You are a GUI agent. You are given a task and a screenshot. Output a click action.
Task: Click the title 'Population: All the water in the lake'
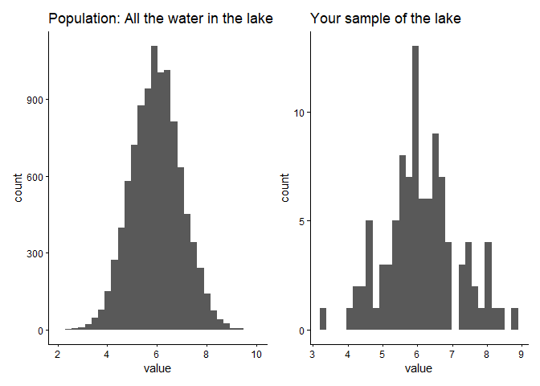tap(161, 18)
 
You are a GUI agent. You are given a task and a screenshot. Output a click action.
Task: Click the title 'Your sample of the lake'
tap(386, 18)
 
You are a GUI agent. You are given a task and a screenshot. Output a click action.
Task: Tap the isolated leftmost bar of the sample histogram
tap(323, 319)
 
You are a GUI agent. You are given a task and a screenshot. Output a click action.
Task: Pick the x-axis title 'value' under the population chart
tap(157, 369)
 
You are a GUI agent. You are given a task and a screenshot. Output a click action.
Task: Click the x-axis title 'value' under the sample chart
tap(418, 369)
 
